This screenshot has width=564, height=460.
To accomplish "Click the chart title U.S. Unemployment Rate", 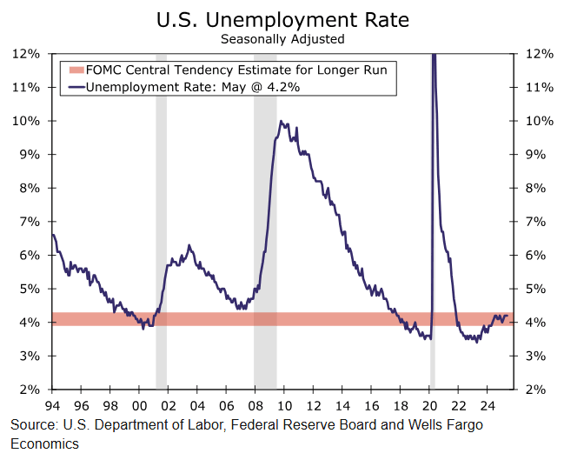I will (282, 18).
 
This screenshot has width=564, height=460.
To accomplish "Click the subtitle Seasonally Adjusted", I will (282, 38).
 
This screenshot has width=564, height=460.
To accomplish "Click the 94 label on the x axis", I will (53, 404).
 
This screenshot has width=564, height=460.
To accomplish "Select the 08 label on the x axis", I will (254, 404).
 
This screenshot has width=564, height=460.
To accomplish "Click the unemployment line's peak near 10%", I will (280, 122).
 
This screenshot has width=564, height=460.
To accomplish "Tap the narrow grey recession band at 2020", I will (432, 261).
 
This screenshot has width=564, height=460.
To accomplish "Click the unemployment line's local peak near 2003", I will (189, 246).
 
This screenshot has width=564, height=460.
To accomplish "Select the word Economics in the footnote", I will (44, 443).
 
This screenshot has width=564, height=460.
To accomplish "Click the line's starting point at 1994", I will (53, 235).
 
